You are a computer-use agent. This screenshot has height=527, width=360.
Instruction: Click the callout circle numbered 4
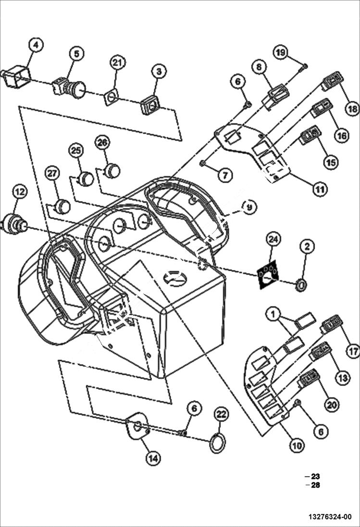pyautogui.click(x=36, y=45)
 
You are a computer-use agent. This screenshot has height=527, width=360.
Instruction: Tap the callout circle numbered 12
pyautogui.click(x=19, y=192)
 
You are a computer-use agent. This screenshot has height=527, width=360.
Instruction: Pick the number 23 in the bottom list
pyautogui.click(x=315, y=476)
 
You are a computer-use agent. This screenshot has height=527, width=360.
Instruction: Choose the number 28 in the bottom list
pyautogui.click(x=315, y=485)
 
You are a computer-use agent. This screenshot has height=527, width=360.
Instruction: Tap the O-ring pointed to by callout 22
pyautogui.click(x=217, y=444)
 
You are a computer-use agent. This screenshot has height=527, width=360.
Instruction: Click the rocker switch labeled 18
pyautogui.click(x=332, y=81)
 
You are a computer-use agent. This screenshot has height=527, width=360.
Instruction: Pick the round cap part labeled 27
pyautogui.click(x=62, y=207)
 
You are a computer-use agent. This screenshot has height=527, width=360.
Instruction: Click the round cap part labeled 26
pyautogui.click(x=112, y=170)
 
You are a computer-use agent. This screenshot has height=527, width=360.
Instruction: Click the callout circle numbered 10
pyautogui.click(x=297, y=445)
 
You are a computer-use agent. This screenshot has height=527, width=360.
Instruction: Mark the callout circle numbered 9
pyautogui.click(x=249, y=207)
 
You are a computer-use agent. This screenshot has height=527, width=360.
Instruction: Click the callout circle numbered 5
pyautogui.click(x=75, y=54)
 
